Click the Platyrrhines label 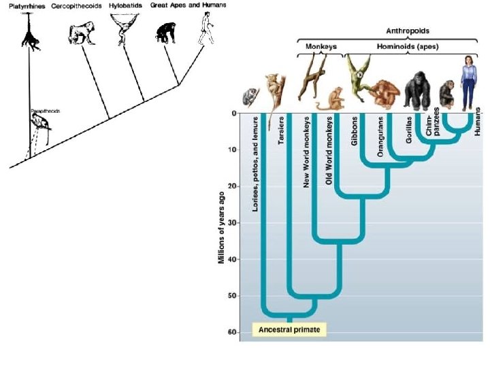pos(24,6)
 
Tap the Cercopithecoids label pos(76,6)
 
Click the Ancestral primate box pos(289,330)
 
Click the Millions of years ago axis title pos(222,228)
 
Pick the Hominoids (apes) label pos(406,46)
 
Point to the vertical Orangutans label pos(380,139)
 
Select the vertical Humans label pos(478,121)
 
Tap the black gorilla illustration pos(416,92)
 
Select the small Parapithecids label pos(45,110)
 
